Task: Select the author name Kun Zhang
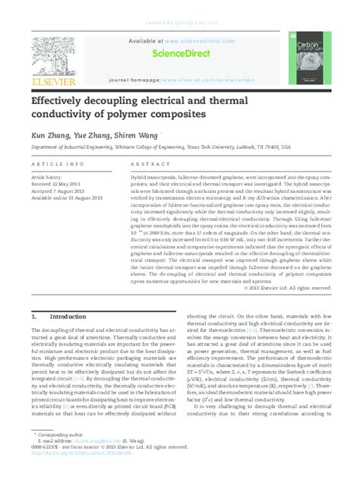(x=49, y=134)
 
